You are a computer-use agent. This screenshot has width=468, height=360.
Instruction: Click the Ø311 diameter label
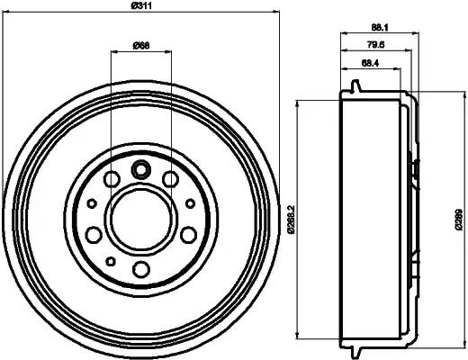tap(140, 9)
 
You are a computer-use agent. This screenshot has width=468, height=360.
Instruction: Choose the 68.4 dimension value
tap(367, 64)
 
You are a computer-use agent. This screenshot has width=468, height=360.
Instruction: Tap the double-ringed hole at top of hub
tap(140, 168)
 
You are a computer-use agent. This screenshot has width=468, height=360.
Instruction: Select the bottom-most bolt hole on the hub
tap(140, 269)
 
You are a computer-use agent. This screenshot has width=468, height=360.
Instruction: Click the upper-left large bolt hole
tap(112, 181)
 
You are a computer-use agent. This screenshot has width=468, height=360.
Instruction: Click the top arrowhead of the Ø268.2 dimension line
tap(299, 101)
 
